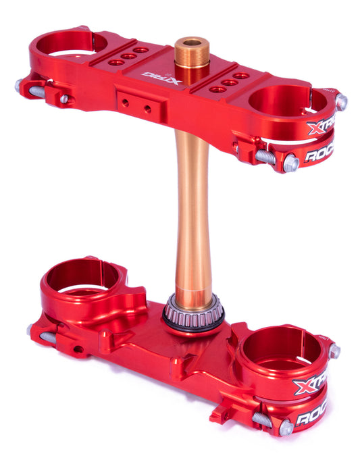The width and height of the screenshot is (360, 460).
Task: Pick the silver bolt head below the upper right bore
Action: click(x=291, y=163)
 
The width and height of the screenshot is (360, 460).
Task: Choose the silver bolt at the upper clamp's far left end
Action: click(x=20, y=86)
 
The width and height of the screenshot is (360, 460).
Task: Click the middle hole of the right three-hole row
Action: click(x=229, y=82)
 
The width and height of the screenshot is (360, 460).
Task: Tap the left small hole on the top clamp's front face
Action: click(x=126, y=103)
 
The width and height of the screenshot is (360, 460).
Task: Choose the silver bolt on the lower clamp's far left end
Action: click(x=30, y=330)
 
